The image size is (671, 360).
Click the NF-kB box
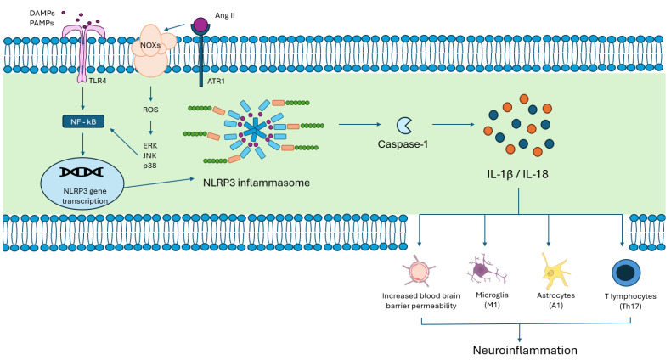pos(83,122)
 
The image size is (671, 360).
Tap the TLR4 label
pos(98,81)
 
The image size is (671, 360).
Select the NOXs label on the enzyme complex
pos(150,44)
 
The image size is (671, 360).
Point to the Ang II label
pos(225,15)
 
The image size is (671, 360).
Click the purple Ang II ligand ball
pos(200,24)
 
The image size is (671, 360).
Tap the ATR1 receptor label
pos(216,81)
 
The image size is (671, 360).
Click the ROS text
pos(150,110)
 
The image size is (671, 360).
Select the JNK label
pos(149,155)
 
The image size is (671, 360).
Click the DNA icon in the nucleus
pos(82,172)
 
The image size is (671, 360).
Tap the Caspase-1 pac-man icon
pos(404,126)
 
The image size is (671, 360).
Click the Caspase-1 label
pos(403,144)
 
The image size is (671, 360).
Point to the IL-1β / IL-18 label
pos(517,174)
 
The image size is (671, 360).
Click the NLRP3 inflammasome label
pos(257,183)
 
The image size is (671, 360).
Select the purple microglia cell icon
pos(486,270)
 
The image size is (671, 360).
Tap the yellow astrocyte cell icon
pos(555,271)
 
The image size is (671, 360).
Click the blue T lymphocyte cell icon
pos(626,273)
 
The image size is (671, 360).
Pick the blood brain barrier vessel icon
pos(419,271)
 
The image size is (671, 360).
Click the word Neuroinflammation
pos(525,350)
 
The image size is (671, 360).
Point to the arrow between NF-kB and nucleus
pos(83,143)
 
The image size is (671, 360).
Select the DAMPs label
pos(42,14)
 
